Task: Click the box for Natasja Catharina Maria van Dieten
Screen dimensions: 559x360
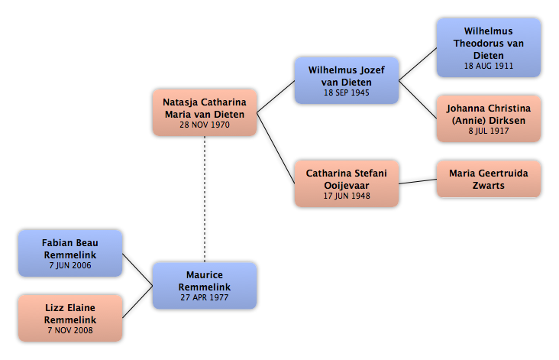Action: [x=205, y=113]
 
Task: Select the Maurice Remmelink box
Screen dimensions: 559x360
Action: [x=205, y=286]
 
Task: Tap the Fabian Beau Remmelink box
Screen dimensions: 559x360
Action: [x=70, y=253]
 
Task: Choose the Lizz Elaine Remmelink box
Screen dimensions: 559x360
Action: [x=70, y=318]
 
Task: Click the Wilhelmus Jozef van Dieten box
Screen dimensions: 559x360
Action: [x=347, y=80]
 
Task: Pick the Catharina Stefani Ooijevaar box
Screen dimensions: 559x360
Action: [x=347, y=183]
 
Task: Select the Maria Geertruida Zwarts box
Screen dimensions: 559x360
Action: [x=489, y=179]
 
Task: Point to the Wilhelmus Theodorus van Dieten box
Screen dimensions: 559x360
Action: [x=489, y=48]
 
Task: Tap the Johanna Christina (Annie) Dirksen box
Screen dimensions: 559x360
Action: [x=489, y=118]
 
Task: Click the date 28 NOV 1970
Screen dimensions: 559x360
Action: [x=205, y=125]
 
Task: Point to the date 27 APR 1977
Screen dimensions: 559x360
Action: [x=205, y=297]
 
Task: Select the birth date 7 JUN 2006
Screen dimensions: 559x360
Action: [x=70, y=265]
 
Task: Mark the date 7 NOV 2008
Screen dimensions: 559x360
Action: [x=70, y=330]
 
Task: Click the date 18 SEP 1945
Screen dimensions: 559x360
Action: [x=347, y=92]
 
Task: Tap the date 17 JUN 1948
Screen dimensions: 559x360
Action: [x=347, y=196]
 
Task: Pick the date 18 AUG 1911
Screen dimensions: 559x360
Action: [x=489, y=66]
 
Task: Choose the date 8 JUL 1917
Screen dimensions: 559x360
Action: [x=489, y=131]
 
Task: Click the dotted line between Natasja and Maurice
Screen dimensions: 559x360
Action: [x=205, y=199]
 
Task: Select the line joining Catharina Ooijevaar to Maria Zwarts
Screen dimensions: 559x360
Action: [x=418, y=182]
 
